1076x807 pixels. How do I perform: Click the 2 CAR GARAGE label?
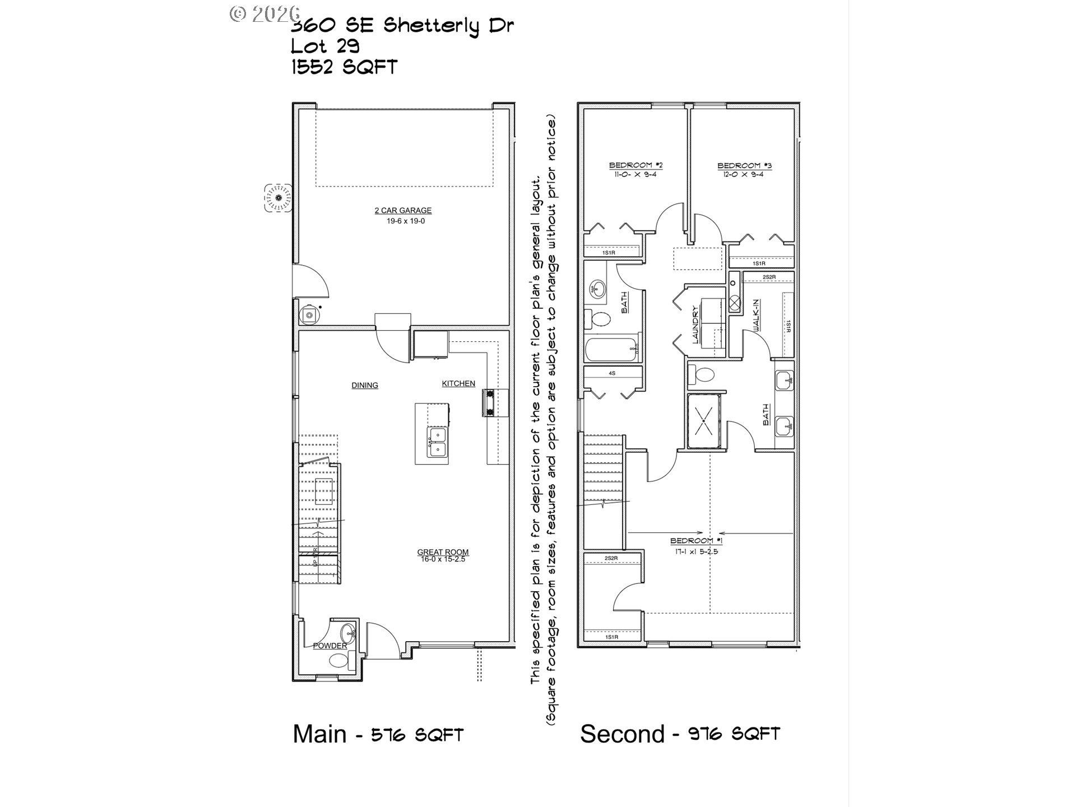403,211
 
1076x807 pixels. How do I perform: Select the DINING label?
365,386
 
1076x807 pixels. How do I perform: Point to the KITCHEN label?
458,384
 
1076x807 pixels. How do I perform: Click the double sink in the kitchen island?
438,442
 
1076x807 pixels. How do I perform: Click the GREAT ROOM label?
443,552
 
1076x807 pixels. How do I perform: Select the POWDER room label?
330,646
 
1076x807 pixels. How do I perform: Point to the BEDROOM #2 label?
636,165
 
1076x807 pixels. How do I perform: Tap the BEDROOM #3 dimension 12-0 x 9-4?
745,174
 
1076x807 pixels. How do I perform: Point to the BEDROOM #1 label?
697,541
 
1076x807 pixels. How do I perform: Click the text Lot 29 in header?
325,46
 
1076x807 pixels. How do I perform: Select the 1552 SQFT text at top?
344,67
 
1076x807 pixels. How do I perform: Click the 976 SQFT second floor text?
734,734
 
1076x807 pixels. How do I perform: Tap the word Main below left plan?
319,734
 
